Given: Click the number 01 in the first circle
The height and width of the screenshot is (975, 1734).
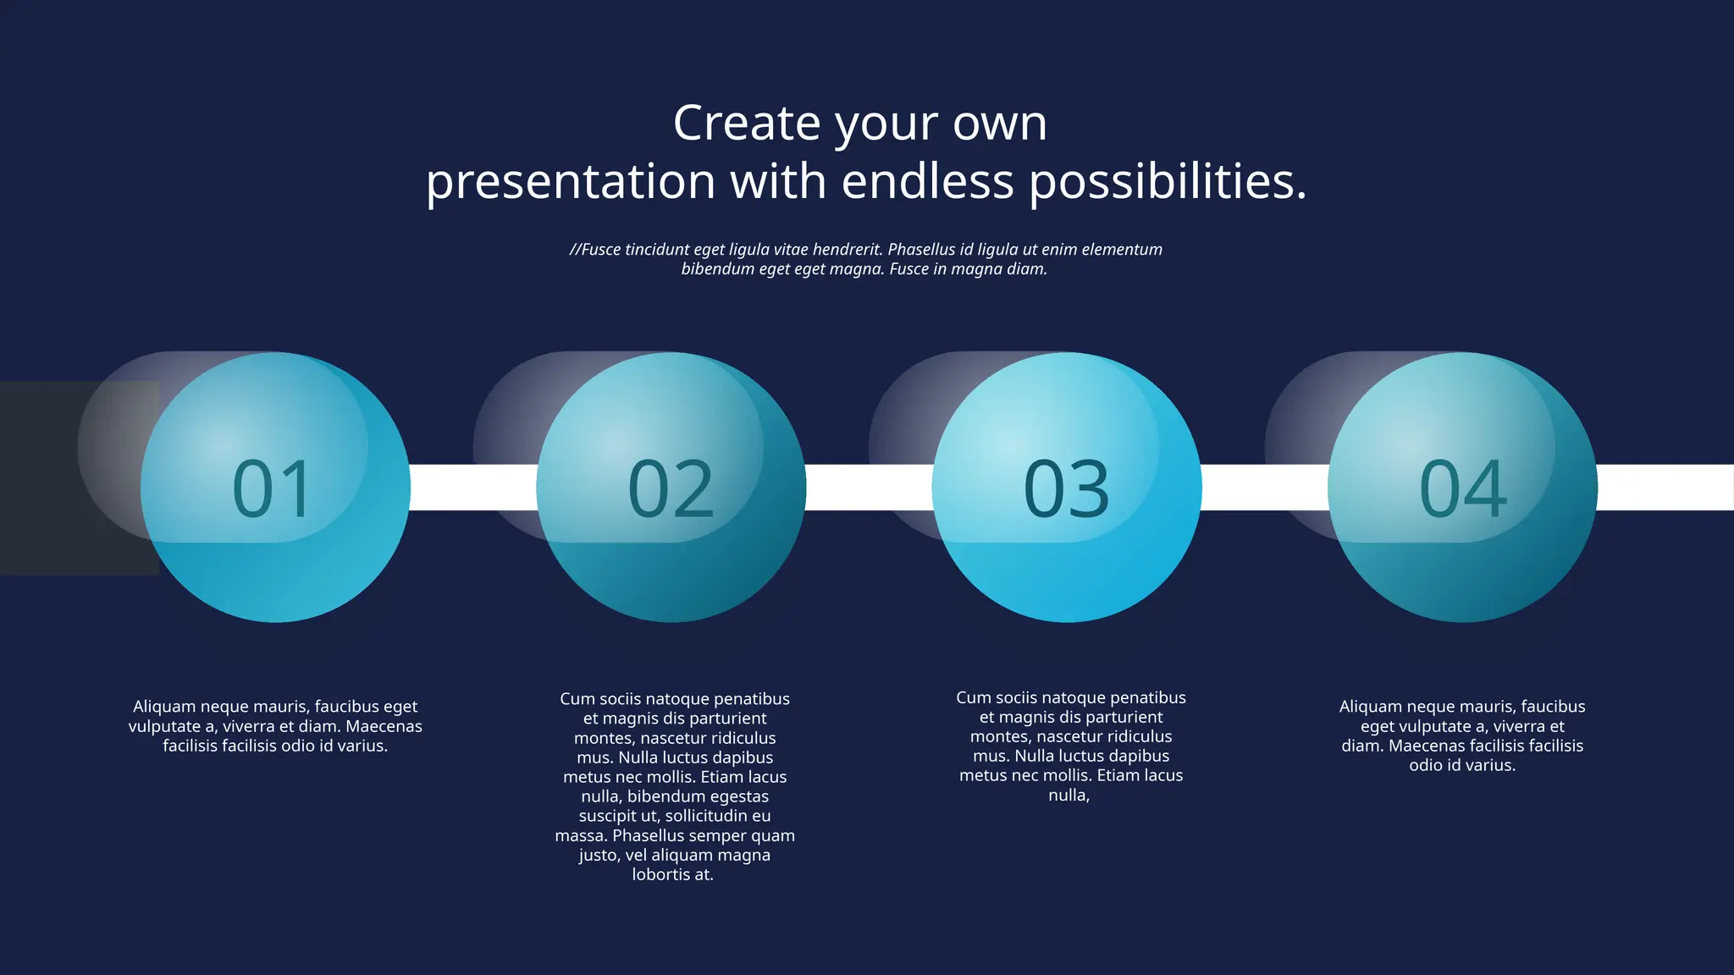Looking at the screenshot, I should tap(273, 488).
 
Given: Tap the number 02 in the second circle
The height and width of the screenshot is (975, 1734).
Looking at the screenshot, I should tap(671, 488).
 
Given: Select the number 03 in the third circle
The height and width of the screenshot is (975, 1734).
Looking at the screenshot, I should tap(1066, 488).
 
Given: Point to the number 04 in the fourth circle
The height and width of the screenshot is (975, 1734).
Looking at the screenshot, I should tap(1462, 488).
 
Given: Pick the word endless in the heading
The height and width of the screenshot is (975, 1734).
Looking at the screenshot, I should tap(928, 181).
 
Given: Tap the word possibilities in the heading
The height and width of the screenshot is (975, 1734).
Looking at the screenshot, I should tap(1168, 181).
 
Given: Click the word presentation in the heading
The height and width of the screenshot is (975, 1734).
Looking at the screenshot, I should tap(571, 181).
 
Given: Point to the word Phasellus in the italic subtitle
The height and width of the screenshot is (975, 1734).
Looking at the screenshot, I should tap(921, 250).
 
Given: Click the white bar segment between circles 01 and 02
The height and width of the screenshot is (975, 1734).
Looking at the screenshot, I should tap(473, 487).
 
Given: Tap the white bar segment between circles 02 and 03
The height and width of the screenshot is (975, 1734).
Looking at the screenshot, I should tap(869, 487).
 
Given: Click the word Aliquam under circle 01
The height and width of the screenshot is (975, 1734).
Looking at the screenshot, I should tap(164, 707).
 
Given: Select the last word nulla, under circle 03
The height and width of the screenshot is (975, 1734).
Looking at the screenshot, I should tap(1069, 796).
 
